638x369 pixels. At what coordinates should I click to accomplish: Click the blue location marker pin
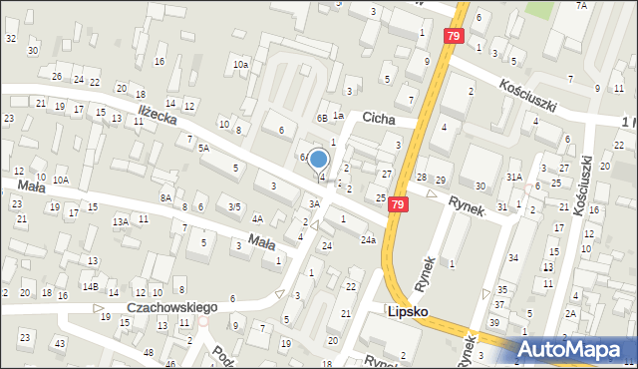pos(319,160)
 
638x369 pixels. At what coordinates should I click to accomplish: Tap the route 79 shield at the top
pos(454,37)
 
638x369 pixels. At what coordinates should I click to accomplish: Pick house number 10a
pos(240,65)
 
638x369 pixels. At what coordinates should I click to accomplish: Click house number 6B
pos(322,118)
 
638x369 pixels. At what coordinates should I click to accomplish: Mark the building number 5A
pos(203,148)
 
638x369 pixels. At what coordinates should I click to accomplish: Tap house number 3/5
pos(234,206)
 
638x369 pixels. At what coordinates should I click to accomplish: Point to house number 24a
pos(368,239)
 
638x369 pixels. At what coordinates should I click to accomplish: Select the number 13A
pos(121,221)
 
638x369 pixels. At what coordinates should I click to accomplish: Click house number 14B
pos(90,287)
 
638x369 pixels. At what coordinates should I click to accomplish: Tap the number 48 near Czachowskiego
pos(149,353)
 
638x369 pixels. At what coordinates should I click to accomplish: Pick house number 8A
pos(165,198)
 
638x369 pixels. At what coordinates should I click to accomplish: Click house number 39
pos(494,322)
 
